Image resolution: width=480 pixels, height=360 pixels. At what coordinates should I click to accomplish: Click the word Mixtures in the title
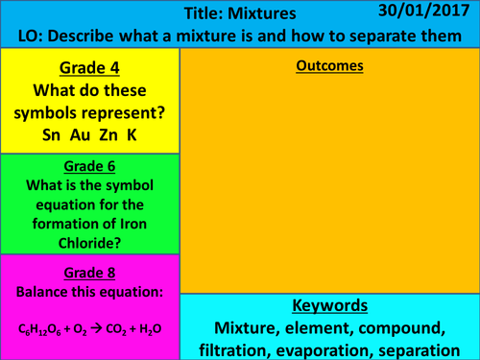tap(288, 14)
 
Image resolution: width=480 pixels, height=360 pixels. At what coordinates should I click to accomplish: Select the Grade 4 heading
tap(89, 70)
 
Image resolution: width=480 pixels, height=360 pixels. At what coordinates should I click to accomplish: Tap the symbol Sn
tap(52, 135)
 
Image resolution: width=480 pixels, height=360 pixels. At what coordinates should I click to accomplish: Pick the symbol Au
tap(81, 135)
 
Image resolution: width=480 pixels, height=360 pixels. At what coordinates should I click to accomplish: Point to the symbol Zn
tap(108, 135)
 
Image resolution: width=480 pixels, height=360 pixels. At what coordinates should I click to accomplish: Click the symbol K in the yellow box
tap(132, 135)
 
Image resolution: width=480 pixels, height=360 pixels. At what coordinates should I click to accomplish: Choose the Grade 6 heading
tap(89, 165)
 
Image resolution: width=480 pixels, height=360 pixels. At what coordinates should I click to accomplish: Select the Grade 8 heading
tap(89, 271)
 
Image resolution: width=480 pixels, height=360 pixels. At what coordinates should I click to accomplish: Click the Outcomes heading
tap(328, 66)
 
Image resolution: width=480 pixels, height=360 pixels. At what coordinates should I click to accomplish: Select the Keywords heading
tap(328, 306)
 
